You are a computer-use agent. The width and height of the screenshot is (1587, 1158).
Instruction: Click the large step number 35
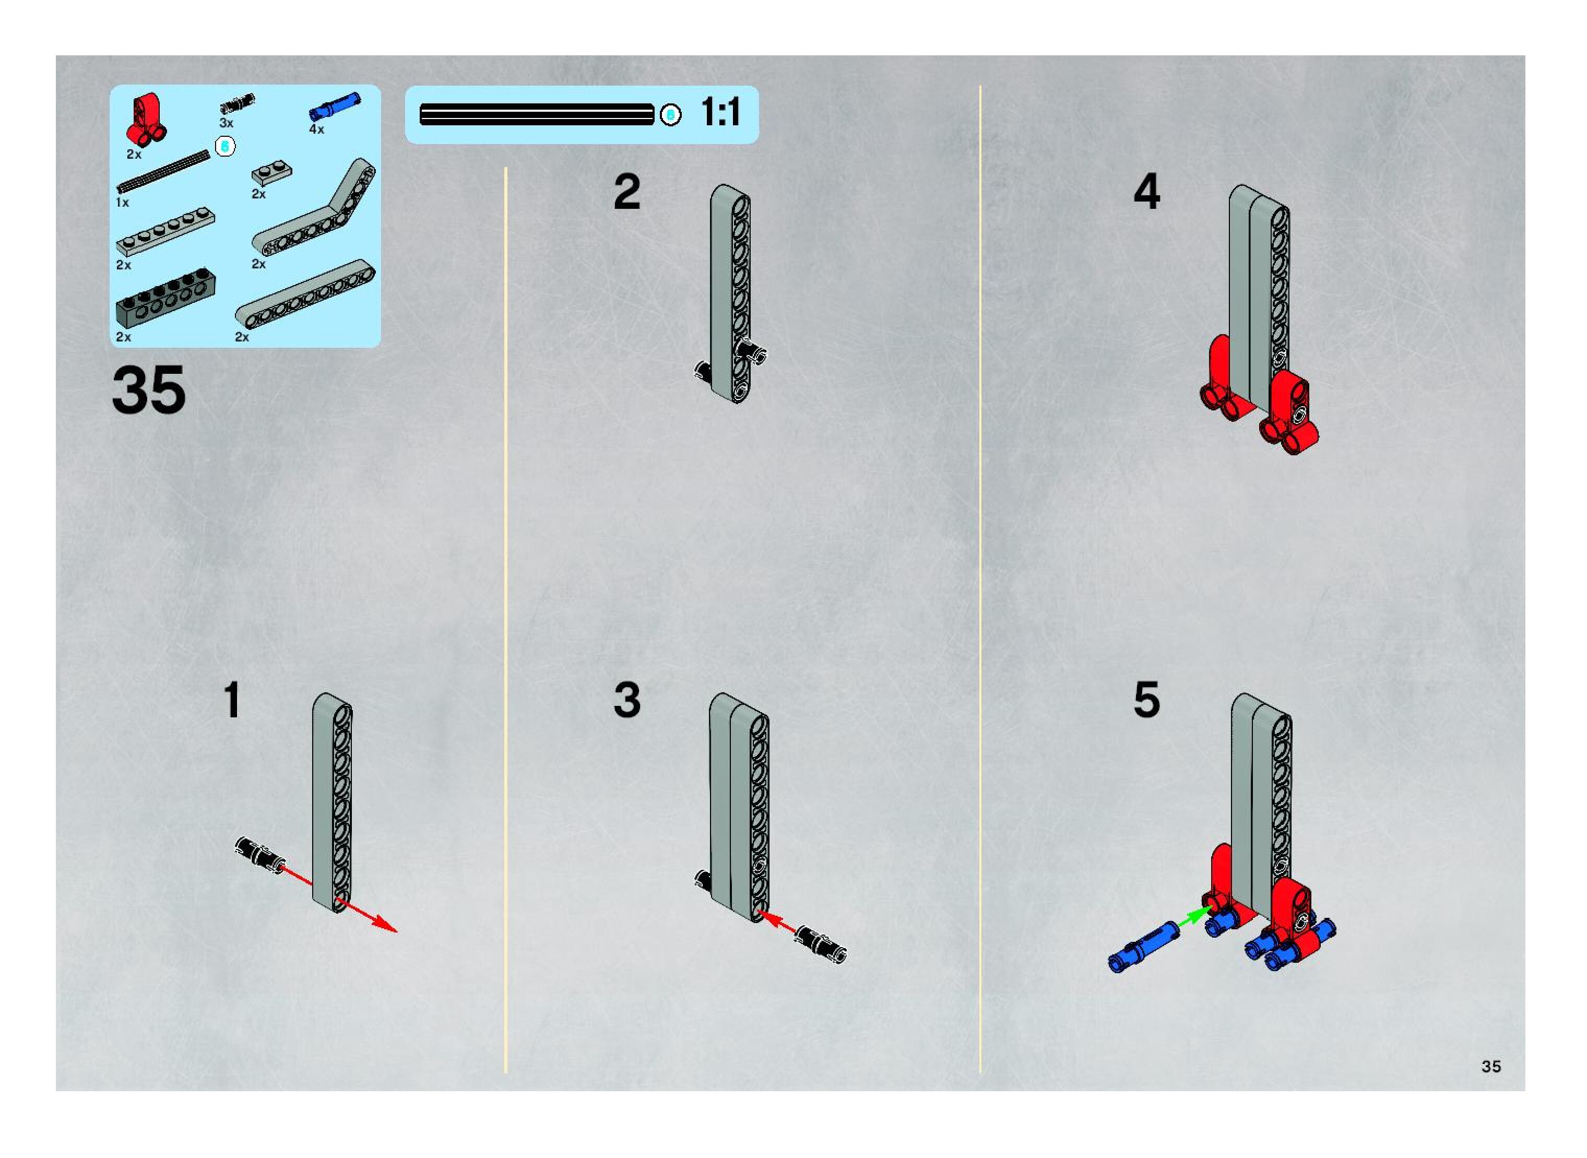149,391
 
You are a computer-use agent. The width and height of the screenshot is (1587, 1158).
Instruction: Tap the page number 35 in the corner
1491,1066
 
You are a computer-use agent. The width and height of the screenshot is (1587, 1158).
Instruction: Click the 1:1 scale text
720,113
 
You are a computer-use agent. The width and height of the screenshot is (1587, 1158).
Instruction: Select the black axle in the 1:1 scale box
536,114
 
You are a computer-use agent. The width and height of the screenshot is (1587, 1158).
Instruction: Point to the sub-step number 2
626,192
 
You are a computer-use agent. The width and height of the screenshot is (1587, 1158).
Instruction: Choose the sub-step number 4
1147,192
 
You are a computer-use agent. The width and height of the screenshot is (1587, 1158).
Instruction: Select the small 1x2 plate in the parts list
271,172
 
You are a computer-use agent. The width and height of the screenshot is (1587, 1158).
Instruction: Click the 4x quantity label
317,129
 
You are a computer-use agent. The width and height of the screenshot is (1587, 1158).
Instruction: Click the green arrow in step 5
1194,917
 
